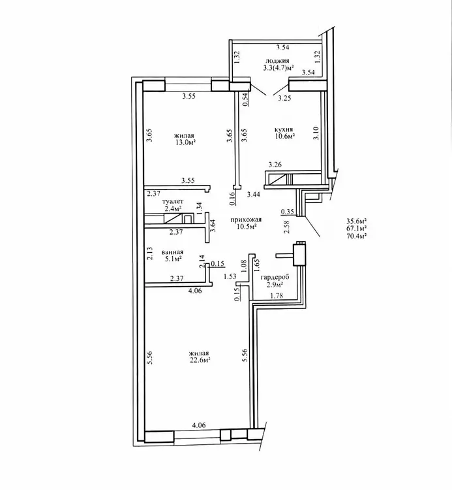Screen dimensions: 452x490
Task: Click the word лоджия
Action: pyautogui.click(x=277, y=61)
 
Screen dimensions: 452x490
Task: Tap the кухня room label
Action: pyautogui.click(x=283, y=129)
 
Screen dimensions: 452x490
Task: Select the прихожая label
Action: pyautogui.click(x=246, y=220)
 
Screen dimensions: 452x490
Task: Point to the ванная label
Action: pyautogui.click(x=172, y=252)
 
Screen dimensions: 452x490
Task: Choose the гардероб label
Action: pyautogui.click(x=275, y=277)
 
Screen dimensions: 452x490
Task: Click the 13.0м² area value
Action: pyautogui.click(x=185, y=142)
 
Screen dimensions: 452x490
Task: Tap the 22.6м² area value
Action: pyautogui.click(x=200, y=360)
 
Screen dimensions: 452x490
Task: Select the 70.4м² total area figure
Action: pyautogui.click(x=356, y=236)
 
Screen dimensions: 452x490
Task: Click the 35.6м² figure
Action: pyautogui.click(x=356, y=221)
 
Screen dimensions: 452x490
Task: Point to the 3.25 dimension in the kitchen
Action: pyautogui.click(x=284, y=98)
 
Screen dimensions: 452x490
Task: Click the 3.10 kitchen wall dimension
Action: pyautogui.click(x=316, y=133)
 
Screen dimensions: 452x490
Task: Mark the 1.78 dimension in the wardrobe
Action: pyautogui.click(x=277, y=295)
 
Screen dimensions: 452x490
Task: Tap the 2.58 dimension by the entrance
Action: pyautogui.click(x=287, y=227)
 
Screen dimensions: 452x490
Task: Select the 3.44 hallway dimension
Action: pyautogui.click(x=254, y=195)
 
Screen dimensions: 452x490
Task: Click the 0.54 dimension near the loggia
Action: pyautogui.click(x=245, y=100)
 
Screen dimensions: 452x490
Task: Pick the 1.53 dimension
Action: pyautogui.click(x=230, y=276)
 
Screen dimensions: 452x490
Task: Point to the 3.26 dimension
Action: pyautogui.click(x=275, y=165)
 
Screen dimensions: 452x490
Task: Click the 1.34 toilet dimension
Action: pyautogui.click(x=200, y=208)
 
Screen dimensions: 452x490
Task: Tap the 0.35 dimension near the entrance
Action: pyautogui.click(x=288, y=212)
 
